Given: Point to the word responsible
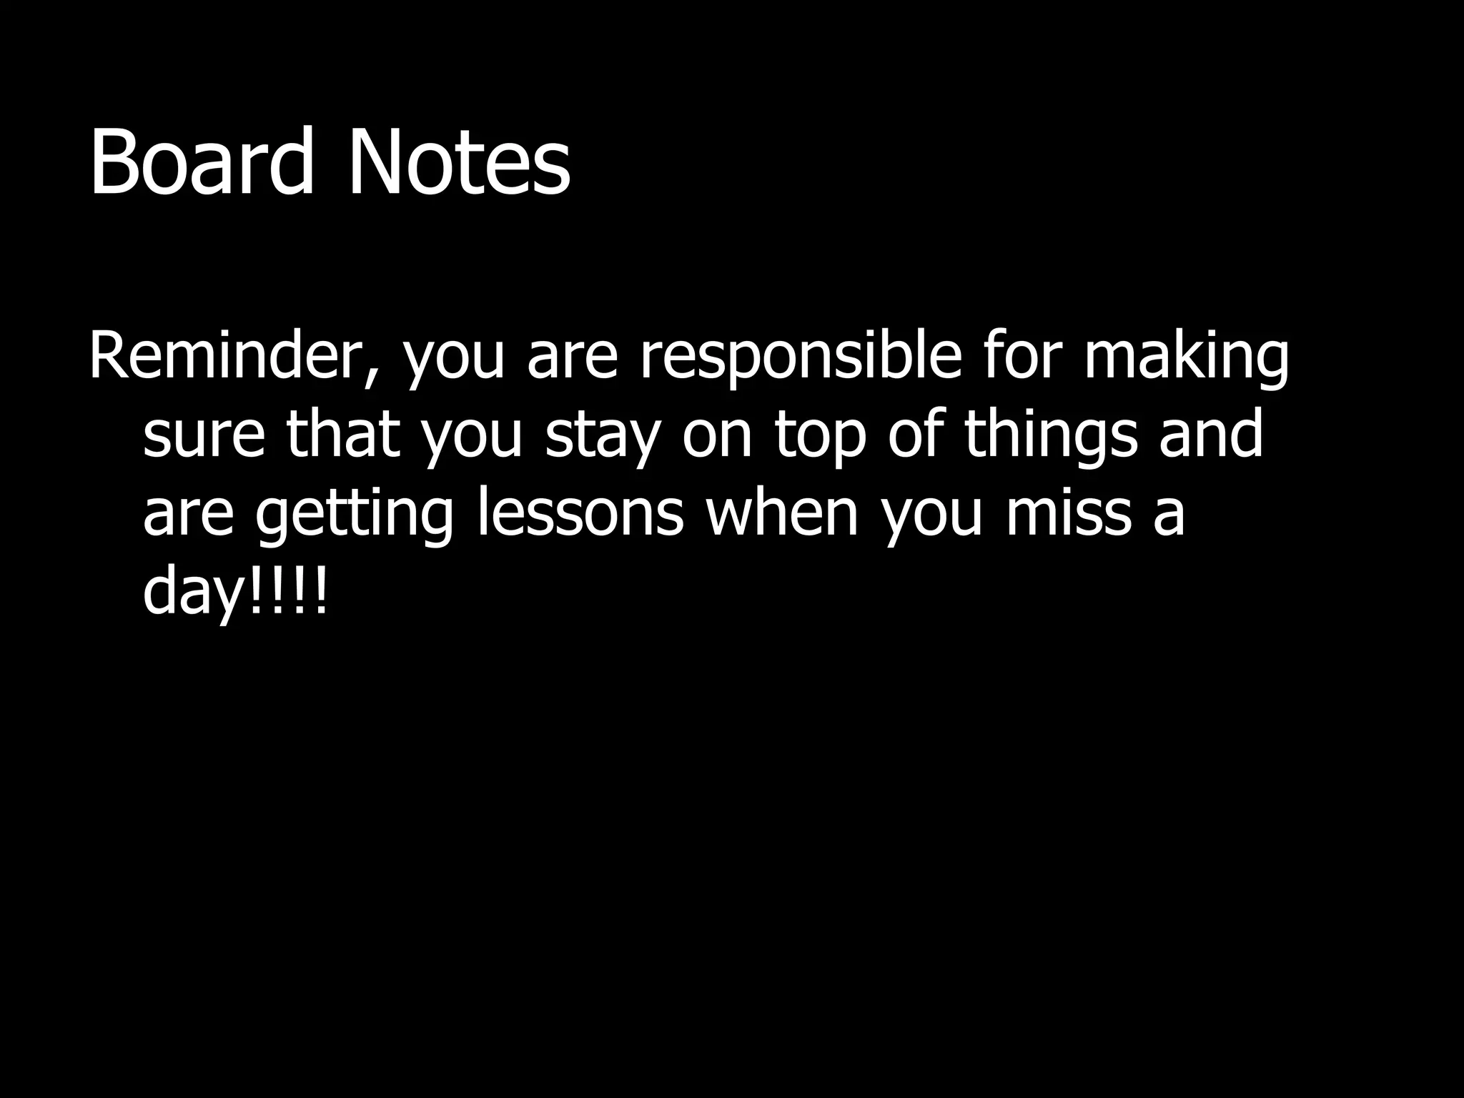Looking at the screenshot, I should pos(801,357).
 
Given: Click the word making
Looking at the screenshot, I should pos(1187,357).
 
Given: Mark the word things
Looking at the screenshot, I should pos(1051,436).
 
